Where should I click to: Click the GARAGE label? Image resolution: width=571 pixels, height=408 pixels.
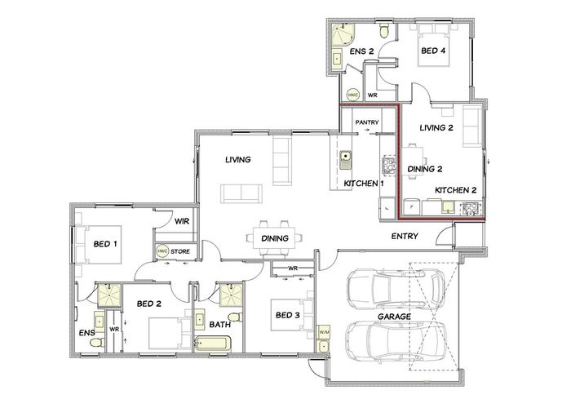pyautogui.click(x=394, y=317)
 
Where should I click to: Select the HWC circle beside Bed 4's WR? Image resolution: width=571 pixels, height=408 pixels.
pyautogui.click(x=353, y=95)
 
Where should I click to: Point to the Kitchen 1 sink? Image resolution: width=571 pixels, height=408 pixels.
pyautogui.click(x=345, y=160)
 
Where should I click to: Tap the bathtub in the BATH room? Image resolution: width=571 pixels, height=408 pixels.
pyautogui.click(x=213, y=344)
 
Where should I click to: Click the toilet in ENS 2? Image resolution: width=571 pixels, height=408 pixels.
pyautogui.click(x=384, y=31)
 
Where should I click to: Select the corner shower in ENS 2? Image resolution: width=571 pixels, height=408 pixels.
pyautogui.click(x=343, y=35)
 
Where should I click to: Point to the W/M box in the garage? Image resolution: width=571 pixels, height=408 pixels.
pyautogui.click(x=324, y=333)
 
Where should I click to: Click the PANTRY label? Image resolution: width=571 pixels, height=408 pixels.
pyautogui.click(x=367, y=122)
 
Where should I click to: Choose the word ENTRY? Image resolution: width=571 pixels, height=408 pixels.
pyautogui.click(x=405, y=236)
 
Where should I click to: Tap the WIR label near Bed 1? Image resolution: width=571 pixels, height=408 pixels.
pyautogui.click(x=182, y=221)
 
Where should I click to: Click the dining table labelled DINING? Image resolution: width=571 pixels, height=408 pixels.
pyautogui.click(x=275, y=238)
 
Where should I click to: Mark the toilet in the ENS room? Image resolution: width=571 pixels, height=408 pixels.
pyautogui.click(x=97, y=343)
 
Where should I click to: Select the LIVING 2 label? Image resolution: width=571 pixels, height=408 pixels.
pyautogui.click(x=436, y=127)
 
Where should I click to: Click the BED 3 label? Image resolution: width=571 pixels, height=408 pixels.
pyautogui.click(x=287, y=315)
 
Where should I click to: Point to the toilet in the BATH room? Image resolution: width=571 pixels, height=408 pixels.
pyautogui.click(x=235, y=317)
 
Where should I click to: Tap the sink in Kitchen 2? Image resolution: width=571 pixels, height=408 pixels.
pyautogui.click(x=447, y=206)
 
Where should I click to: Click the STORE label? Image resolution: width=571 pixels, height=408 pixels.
pyautogui.click(x=180, y=251)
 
